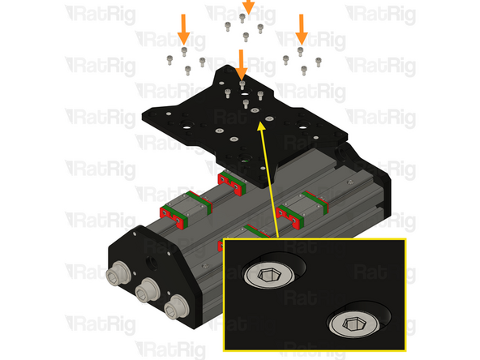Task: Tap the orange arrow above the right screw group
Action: [x=302, y=28]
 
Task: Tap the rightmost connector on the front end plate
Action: [x=174, y=308]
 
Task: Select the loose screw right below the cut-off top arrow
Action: [x=243, y=17]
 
